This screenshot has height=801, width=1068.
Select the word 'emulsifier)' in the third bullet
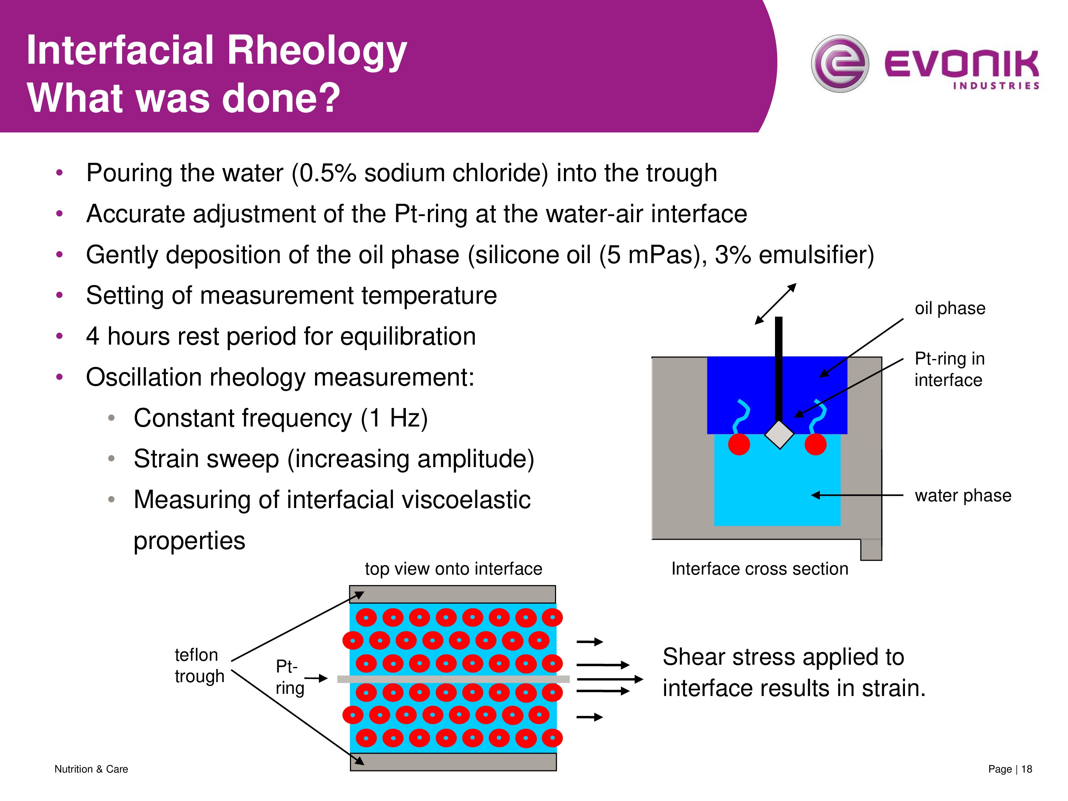[816, 255]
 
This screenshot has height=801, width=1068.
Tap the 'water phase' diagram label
[963, 496]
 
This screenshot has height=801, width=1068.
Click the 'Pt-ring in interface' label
[949, 370]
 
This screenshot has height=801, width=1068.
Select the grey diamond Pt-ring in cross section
[779, 435]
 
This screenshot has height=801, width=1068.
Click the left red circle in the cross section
[739, 444]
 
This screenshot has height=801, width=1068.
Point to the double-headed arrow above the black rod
[775, 304]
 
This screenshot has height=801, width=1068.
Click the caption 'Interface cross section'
[759, 569]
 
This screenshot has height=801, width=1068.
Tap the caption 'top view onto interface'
[454, 569]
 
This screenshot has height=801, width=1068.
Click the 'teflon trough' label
[199, 665]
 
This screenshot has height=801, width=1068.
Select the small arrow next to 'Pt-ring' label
[316, 679]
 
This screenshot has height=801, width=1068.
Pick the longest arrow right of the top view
[610, 679]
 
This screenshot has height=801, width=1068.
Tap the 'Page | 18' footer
[1010, 769]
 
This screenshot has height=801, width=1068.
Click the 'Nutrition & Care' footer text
[91, 769]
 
